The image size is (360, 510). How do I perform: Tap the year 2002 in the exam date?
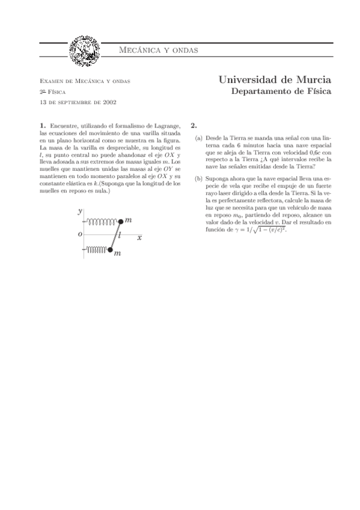[109, 102]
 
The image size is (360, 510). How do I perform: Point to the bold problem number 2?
[193, 126]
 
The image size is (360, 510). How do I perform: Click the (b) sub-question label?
[199, 179]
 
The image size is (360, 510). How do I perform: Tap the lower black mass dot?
[110, 250]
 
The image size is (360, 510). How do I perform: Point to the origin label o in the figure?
[80, 235]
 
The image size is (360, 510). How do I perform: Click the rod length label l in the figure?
[121, 235]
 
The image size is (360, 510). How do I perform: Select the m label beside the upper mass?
[129, 221]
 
